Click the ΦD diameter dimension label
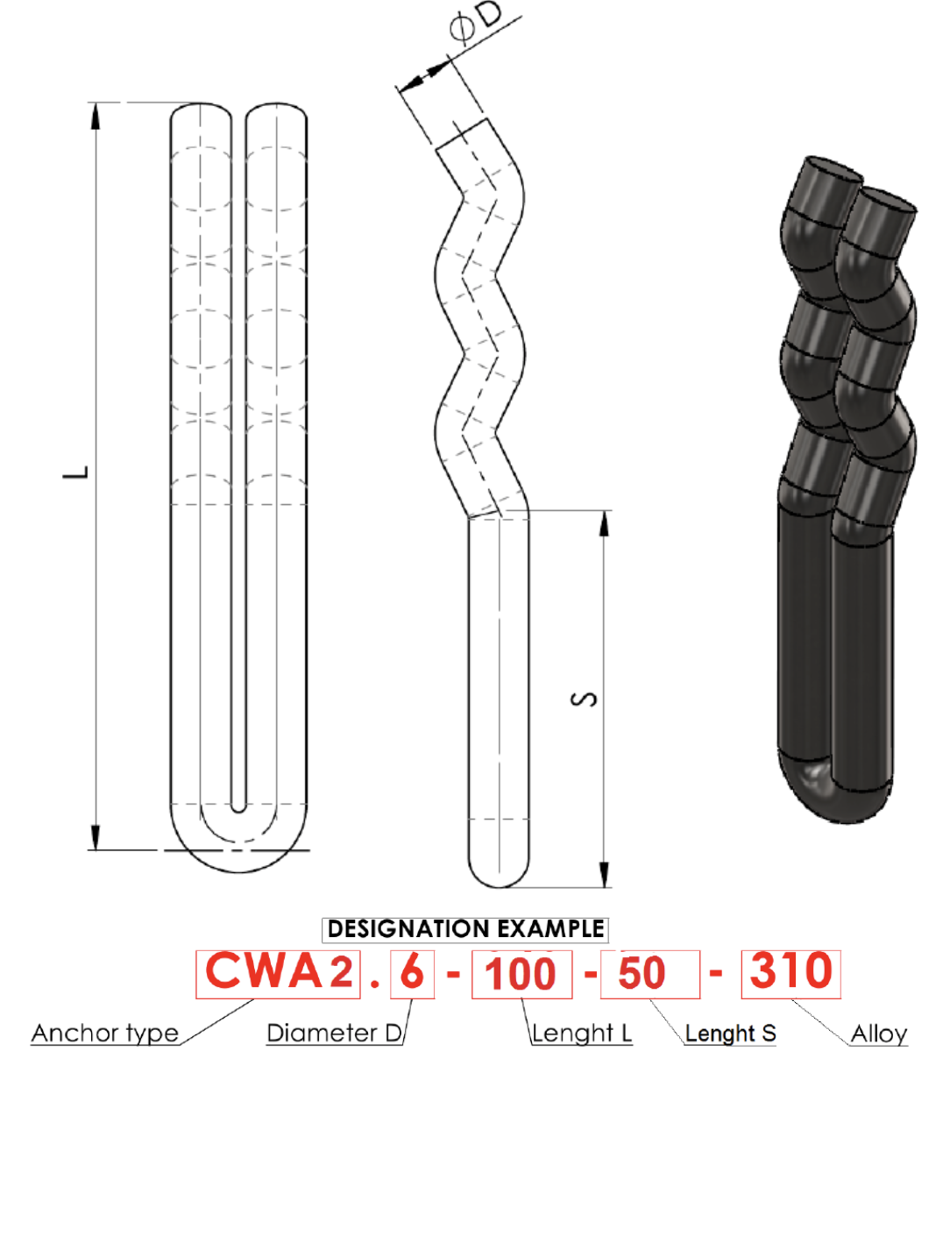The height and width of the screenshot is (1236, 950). tap(475, 22)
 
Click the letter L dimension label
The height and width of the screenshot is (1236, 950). tap(75, 472)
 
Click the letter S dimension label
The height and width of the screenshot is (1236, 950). tap(584, 699)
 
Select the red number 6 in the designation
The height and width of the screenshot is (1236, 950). tap(412, 972)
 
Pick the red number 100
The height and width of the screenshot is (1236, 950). tap(520, 975)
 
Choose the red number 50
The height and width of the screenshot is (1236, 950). tap(642, 973)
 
